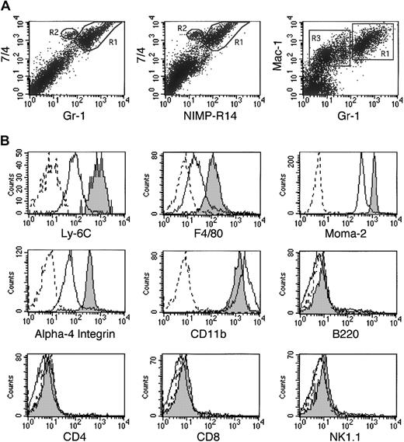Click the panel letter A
pyautogui.click(x=6, y=6)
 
